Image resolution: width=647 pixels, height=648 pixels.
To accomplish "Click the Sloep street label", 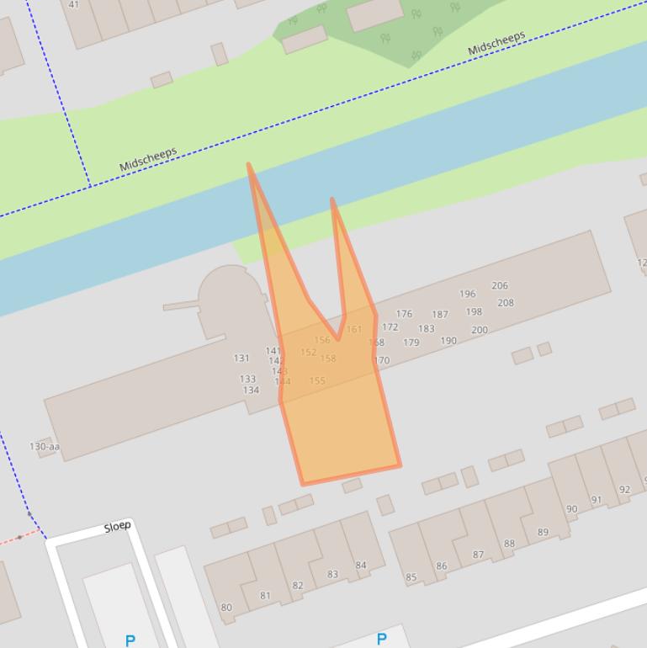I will (118, 527).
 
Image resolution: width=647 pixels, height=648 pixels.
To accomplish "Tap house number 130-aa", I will (45, 447).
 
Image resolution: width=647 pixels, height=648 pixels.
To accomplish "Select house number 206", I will (500, 286).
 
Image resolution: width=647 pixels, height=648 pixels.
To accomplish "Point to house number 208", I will (506, 303).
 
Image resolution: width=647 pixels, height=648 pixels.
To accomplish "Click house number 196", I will (468, 295).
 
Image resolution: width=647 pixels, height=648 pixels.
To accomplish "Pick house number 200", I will (480, 330).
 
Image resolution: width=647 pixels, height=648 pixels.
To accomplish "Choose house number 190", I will (448, 341).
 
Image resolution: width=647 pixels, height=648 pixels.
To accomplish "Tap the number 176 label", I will (405, 314).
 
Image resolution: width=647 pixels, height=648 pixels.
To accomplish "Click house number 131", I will (241, 359).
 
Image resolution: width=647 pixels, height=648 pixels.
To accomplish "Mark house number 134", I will (251, 390).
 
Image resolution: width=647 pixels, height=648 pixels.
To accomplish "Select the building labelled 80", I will (226, 608).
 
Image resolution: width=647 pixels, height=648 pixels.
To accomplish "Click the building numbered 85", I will (411, 577).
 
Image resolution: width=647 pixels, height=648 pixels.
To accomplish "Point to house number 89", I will (543, 532).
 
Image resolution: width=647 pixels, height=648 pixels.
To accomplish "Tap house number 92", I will (624, 490).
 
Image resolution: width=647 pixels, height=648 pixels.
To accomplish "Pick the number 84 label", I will (361, 566).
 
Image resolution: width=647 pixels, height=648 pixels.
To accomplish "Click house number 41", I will (73, 4).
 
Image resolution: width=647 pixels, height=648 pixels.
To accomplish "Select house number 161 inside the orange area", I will (354, 329).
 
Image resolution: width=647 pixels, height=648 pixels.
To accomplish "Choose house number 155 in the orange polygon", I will (317, 381).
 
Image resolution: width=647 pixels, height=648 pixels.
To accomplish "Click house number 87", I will (478, 555).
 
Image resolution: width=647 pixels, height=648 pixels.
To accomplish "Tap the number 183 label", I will (427, 329).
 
